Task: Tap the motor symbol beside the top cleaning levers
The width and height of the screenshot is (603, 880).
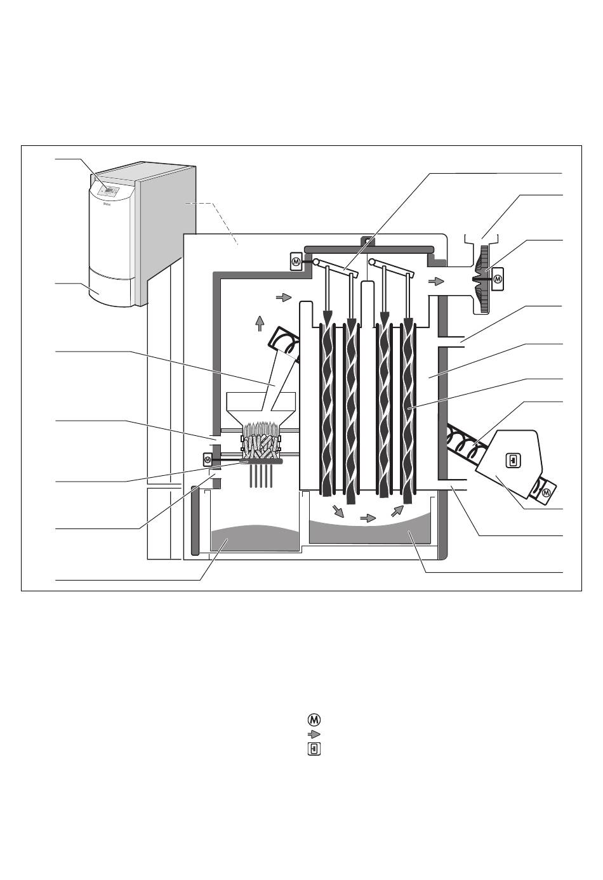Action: tap(296, 261)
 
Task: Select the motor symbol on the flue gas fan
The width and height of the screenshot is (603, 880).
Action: tap(498, 278)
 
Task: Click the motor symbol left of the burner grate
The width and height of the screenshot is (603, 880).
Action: tap(207, 459)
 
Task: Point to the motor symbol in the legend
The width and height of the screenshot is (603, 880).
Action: tap(314, 719)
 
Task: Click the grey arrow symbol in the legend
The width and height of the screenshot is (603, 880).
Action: tap(314, 734)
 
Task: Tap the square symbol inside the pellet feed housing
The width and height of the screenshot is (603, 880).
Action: tap(512, 459)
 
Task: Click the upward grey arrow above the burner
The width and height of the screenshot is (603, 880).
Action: tap(259, 324)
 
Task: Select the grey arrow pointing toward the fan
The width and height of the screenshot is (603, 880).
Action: tap(435, 280)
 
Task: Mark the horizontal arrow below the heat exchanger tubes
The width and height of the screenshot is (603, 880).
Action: tap(368, 518)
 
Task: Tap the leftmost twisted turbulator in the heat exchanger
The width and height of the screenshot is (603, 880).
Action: tap(328, 406)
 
